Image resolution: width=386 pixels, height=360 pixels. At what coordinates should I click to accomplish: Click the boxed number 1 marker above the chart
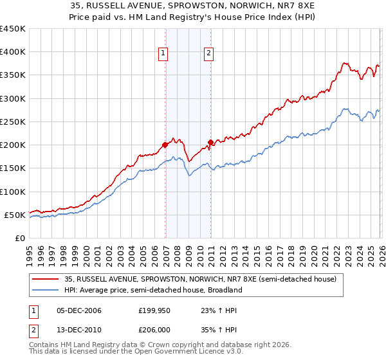(164, 53)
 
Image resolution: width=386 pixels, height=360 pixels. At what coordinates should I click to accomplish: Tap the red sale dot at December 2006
(165, 145)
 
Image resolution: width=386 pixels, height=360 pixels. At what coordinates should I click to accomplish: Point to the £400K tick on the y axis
(13, 52)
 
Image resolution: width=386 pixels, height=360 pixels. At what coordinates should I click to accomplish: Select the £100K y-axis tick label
(13, 192)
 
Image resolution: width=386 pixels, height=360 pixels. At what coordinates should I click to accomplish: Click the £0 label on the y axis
(19, 238)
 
